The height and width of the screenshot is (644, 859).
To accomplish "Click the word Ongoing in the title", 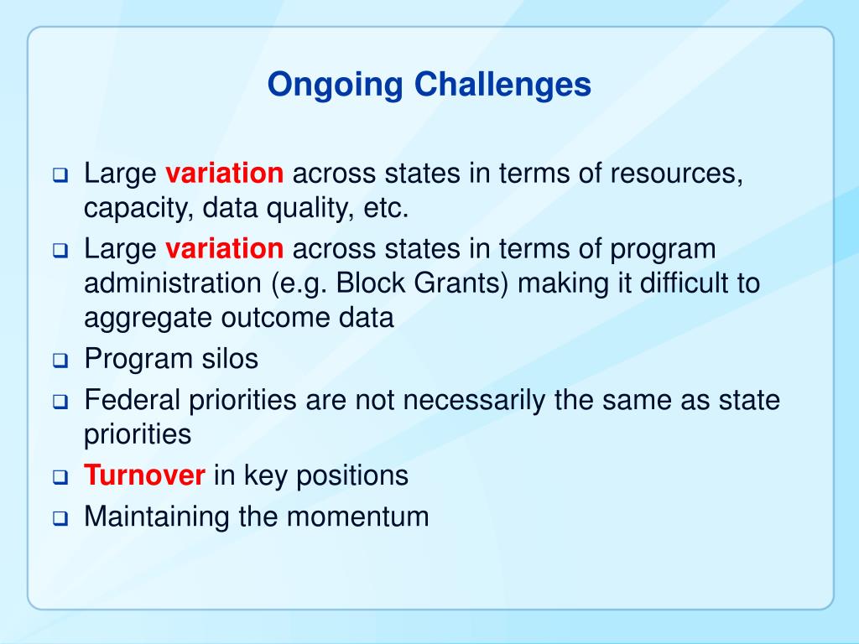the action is pyautogui.click(x=336, y=86).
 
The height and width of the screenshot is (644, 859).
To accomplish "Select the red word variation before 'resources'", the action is pyautogui.click(x=225, y=173).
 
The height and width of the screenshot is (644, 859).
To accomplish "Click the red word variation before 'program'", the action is pyautogui.click(x=225, y=248).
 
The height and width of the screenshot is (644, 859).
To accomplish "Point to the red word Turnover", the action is pyautogui.click(x=144, y=475).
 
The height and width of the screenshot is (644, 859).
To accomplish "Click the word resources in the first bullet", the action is pyautogui.click(x=677, y=174).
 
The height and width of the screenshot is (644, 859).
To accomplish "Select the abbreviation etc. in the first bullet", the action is pyautogui.click(x=386, y=208).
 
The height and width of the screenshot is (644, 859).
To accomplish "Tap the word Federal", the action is pyautogui.click(x=132, y=399).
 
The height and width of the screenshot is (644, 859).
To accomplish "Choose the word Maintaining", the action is pyautogui.click(x=157, y=517).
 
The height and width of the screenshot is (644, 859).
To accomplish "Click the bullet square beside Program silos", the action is pyautogui.click(x=60, y=361).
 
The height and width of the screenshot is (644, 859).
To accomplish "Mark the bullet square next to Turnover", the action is pyautogui.click(x=60, y=477).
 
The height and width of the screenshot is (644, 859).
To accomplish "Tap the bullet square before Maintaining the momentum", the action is pyautogui.click(x=60, y=518).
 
